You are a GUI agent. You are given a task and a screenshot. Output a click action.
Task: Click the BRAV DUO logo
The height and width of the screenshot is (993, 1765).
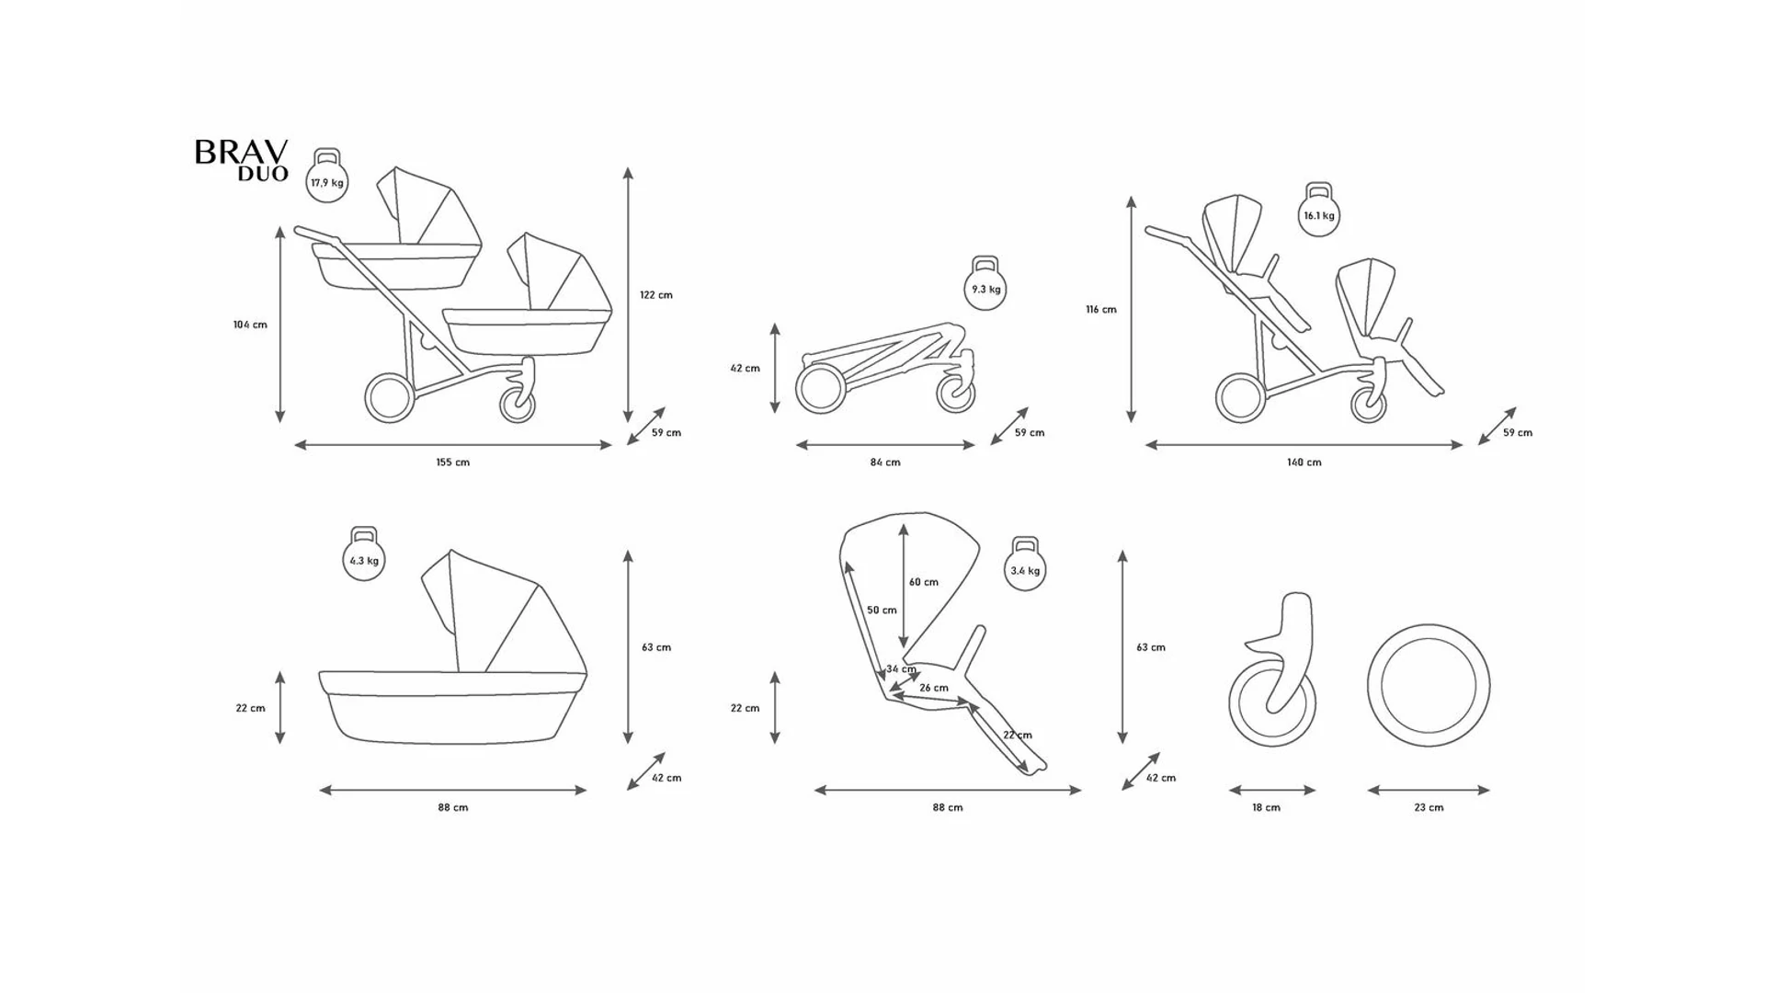241,161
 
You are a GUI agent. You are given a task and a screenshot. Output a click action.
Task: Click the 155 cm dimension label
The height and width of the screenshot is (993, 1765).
452,462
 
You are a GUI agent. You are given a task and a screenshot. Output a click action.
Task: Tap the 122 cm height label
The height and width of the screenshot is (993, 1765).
656,295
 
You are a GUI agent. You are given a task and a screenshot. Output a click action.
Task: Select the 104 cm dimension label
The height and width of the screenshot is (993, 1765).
250,325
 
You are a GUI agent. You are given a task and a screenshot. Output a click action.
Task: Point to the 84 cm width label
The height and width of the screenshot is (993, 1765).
885,462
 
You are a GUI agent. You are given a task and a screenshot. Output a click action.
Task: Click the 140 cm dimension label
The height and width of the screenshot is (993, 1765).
1304,462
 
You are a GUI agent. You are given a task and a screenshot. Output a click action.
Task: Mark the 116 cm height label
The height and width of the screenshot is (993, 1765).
1101,310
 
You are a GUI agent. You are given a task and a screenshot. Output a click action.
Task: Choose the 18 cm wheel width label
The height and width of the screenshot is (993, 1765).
1266,808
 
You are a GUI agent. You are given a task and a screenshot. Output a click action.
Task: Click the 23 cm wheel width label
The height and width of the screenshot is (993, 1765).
1429,808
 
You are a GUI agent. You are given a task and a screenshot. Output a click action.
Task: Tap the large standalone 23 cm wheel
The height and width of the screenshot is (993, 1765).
1429,686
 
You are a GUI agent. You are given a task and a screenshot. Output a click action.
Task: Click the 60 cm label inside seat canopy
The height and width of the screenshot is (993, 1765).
924,582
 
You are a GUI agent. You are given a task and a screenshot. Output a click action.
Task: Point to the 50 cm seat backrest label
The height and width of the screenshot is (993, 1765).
882,611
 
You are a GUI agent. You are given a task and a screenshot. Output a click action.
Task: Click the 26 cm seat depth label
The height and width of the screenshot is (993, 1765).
934,688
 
